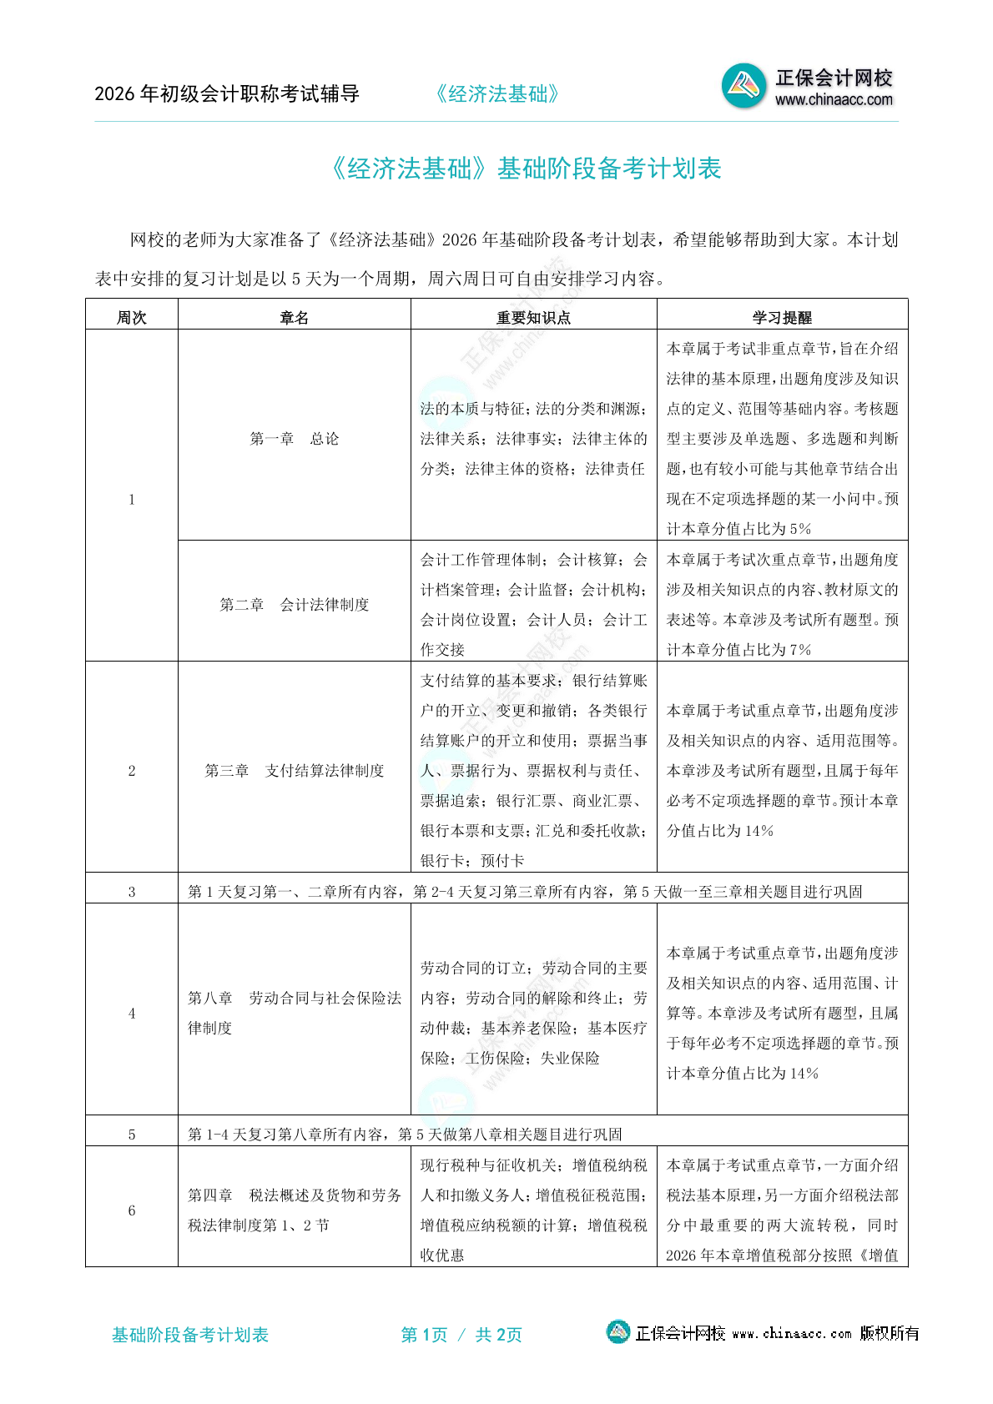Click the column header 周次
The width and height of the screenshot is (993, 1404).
point(132,317)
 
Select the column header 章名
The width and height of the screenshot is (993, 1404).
point(294,317)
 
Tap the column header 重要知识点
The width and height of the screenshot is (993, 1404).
point(533,317)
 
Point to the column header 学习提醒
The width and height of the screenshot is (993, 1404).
point(782,317)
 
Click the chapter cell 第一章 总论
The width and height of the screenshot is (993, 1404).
point(294,439)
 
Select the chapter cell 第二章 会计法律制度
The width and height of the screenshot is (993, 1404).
point(294,605)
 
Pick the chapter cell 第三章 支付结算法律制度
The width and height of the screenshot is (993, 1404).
point(294,771)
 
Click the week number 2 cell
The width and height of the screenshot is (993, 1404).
point(132,771)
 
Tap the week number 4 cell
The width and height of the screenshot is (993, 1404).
point(132,1014)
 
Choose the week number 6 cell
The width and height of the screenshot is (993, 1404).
point(132,1210)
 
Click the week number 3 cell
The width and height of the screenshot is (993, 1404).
point(132,892)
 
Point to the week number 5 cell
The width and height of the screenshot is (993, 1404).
point(132,1135)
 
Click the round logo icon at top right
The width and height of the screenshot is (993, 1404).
point(743,86)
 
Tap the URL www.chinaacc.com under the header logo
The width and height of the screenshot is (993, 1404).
point(834,100)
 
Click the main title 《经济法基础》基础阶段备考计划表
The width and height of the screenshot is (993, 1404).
point(526,169)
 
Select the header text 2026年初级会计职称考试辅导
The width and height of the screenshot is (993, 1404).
point(227,94)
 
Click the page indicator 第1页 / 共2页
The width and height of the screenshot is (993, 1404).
point(461,1335)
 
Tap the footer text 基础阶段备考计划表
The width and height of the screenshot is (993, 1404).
point(190,1335)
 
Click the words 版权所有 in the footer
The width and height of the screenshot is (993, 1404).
point(890,1333)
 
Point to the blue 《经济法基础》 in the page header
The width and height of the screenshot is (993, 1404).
point(497,94)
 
